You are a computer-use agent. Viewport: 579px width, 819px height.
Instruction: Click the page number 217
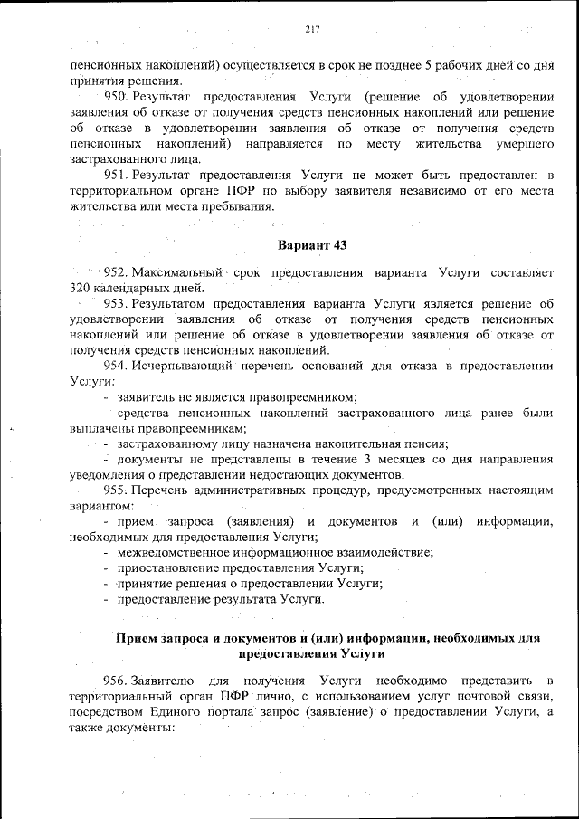313,29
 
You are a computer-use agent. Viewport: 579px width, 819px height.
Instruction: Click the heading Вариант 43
312,245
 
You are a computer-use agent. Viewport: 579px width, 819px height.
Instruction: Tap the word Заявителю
162,679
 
